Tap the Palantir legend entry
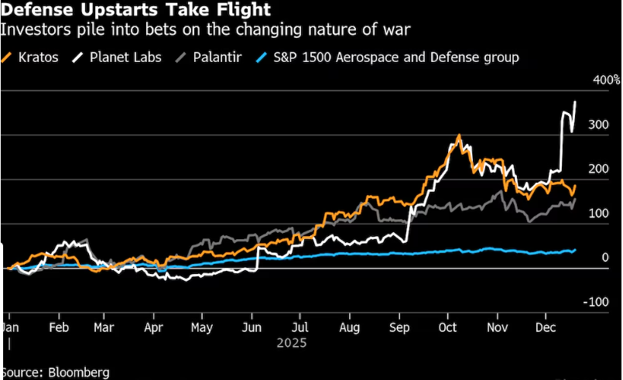(208, 57)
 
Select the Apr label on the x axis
(154, 327)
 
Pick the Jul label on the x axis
(300, 327)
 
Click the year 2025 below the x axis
(291, 343)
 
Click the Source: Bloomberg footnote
(56, 372)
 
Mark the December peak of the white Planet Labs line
(574, 102)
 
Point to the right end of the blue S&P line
(574, 249)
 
